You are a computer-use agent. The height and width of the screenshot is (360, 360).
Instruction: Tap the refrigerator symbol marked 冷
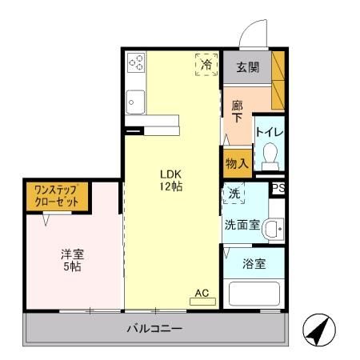point(206,64)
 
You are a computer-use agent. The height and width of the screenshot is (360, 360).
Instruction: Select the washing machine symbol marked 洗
point(234,193)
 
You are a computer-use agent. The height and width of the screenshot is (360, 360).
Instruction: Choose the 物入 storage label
point(238,162)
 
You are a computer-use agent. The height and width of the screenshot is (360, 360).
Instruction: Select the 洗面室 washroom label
point(242,225)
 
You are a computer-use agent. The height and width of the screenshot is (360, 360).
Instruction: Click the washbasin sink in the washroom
point(274,229)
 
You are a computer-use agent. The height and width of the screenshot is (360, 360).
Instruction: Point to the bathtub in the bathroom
point(254,294)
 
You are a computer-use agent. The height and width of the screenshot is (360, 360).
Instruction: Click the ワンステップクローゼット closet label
point(56,197)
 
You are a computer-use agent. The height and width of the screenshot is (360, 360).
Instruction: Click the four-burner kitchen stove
point(135,62)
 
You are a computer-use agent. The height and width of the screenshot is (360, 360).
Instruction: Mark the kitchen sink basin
point(135,102)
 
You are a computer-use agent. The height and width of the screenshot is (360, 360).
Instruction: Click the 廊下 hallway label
point(238,111)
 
